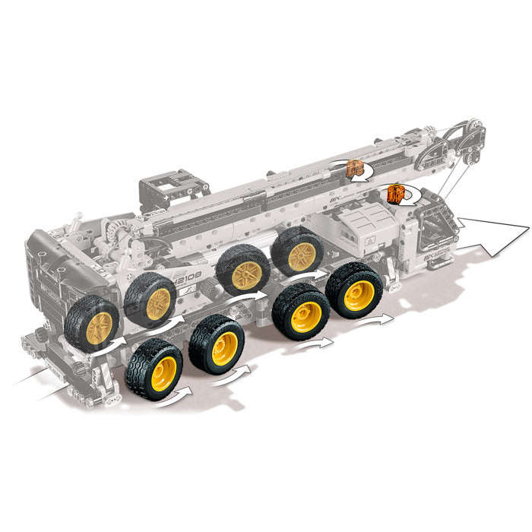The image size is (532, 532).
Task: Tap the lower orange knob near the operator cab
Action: pos(396,194)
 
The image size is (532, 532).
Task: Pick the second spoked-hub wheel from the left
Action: pos(150,299)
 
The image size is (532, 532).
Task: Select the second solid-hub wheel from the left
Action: pos(217,349)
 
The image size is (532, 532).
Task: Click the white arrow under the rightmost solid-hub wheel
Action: pos(378,321)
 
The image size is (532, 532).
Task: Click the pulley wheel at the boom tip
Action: pos(471,129)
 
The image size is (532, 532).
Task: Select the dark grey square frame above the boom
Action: pos(173,189)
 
